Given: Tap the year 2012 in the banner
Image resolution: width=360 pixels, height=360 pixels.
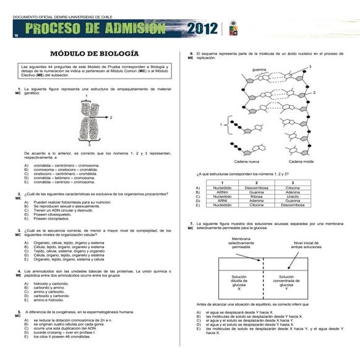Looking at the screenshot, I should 202,28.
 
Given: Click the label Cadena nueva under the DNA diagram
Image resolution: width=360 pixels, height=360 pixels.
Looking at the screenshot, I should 247,161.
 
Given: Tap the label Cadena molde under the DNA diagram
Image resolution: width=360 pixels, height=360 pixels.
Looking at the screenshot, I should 301,161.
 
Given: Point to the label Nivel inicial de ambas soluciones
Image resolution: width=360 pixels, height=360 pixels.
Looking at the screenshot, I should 307,245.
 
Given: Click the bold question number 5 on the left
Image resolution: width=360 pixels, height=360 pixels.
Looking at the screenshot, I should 20,311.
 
